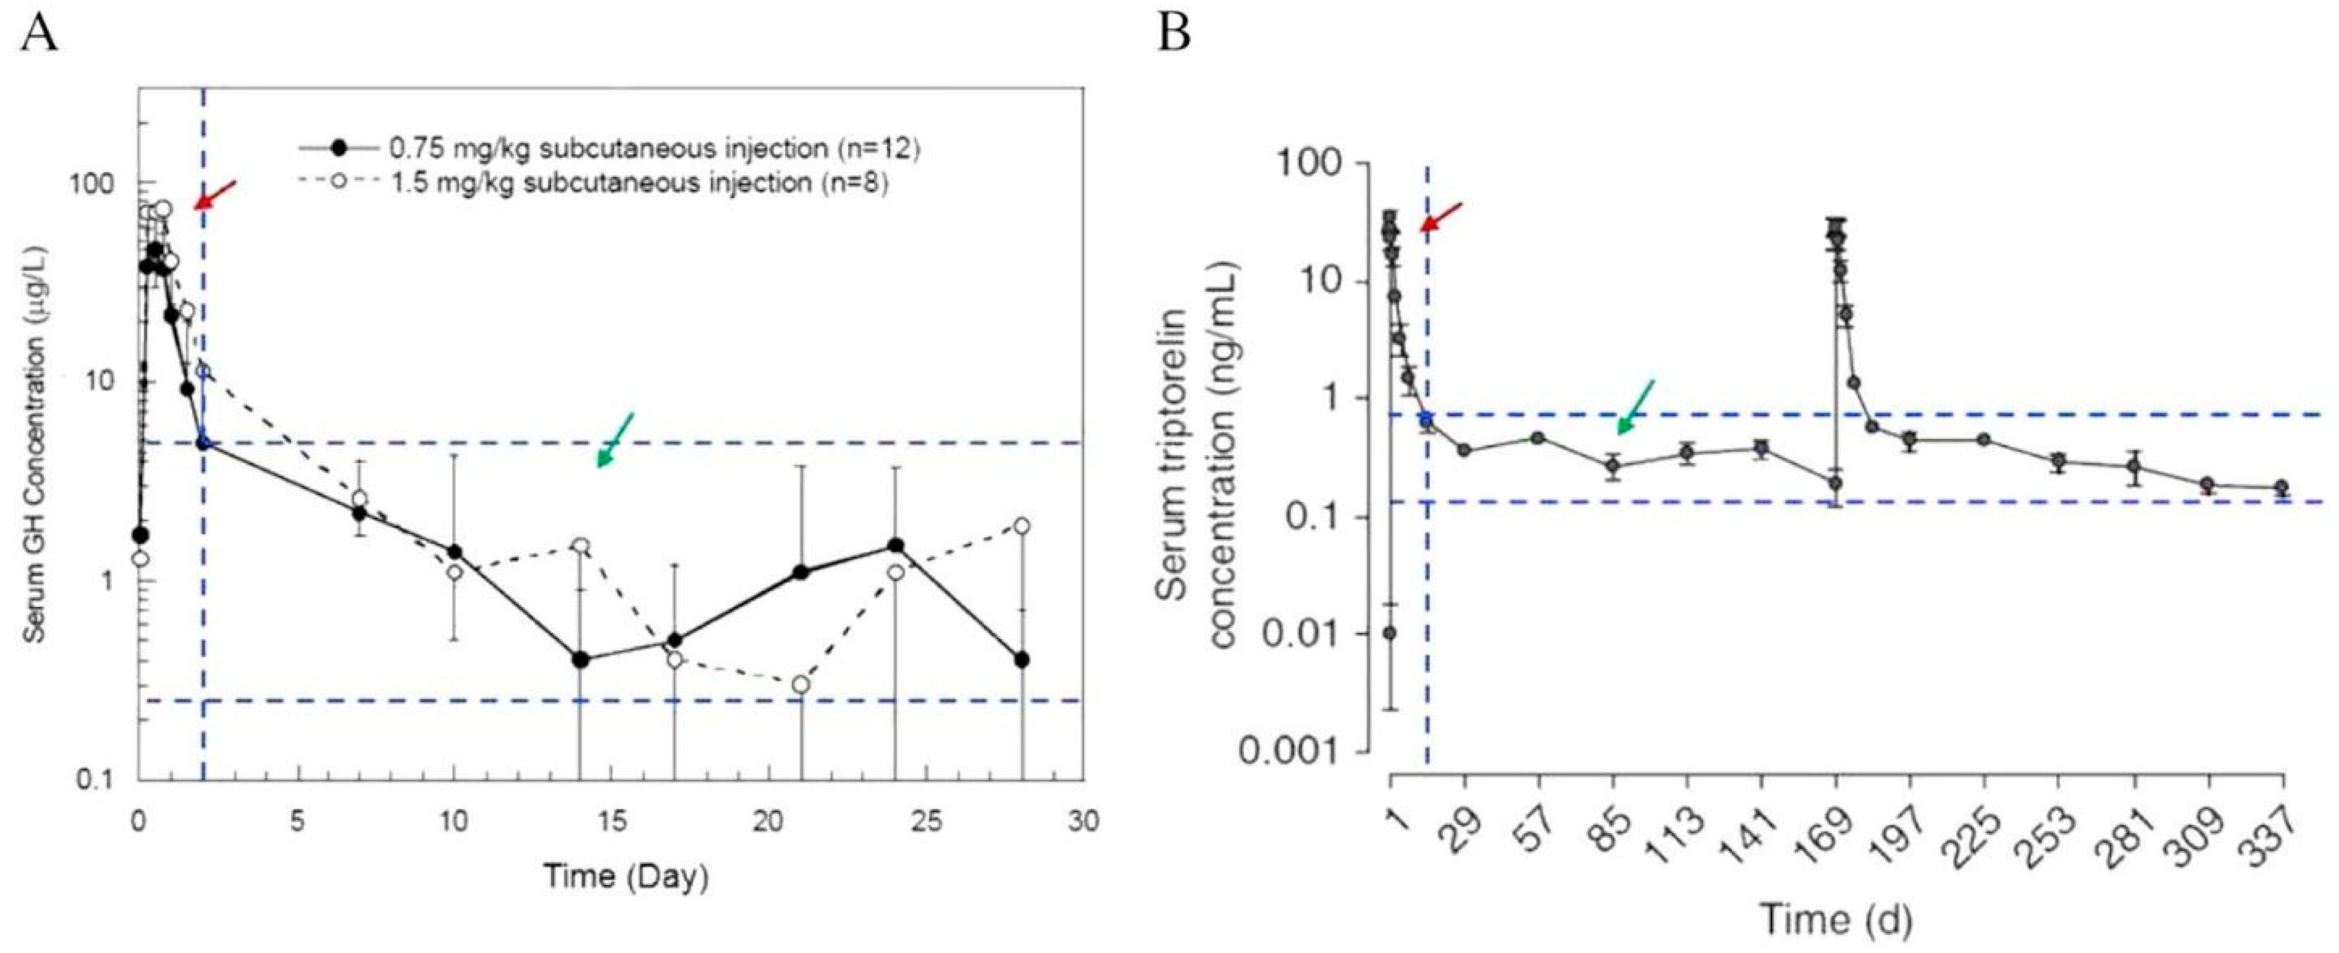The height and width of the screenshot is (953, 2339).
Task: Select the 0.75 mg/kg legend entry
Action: click(x=608, y=147)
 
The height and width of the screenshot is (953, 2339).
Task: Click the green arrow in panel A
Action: click(x=615, y=440)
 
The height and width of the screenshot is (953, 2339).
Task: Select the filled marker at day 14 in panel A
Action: click(x=580, y=660)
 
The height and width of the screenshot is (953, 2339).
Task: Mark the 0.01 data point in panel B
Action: click(x=1389, y=633)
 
